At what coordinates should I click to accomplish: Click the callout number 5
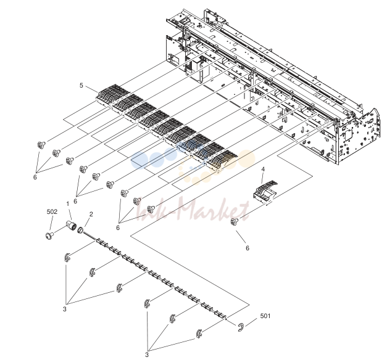(81, 85)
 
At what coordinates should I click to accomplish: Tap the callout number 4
(263, 169)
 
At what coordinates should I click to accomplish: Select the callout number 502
(52, 211)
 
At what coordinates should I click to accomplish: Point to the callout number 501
(265, 316)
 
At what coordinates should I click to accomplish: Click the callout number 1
(68, 203)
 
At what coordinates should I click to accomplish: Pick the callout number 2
(91, 214)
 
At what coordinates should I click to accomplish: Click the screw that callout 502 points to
(49, 235)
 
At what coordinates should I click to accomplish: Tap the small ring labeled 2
(80, 231)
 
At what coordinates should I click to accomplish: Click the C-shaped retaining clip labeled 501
(241, 327)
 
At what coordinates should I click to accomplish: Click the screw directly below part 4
(234, 221)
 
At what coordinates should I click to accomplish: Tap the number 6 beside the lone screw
(248, 248)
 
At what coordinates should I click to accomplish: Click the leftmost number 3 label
(64, 309)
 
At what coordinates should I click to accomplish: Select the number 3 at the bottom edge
(147, 354)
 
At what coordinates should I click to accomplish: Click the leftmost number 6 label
(35, 177)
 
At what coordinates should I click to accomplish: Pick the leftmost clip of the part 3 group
(67, 258)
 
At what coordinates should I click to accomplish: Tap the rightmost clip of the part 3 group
(199, 333)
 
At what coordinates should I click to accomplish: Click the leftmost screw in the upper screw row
(41, 145)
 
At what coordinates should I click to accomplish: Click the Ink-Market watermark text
(193, 210)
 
